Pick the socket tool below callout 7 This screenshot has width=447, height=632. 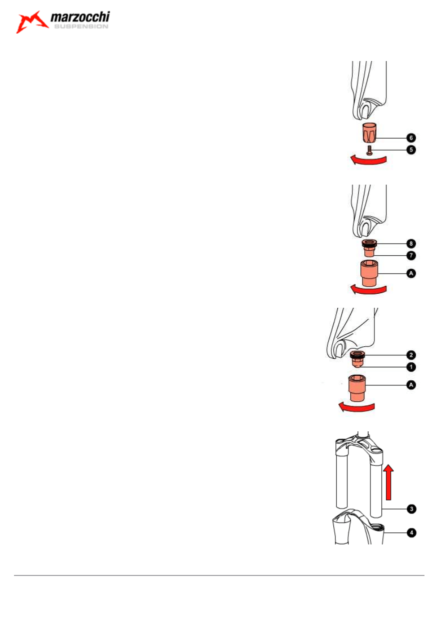[x=368, y=274]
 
